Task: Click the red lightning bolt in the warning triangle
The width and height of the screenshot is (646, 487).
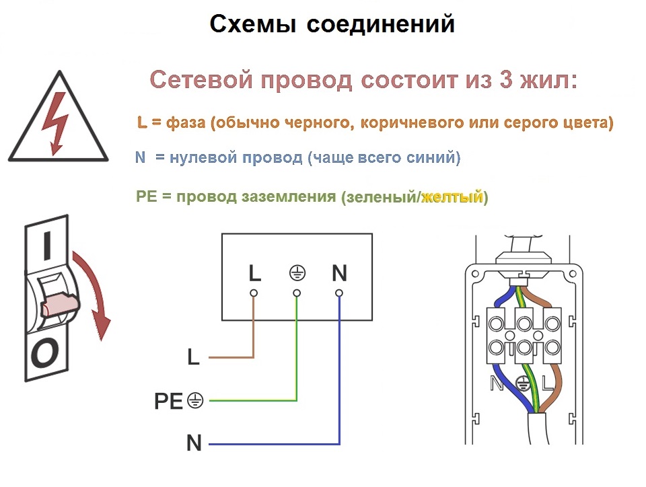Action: coord(57,122)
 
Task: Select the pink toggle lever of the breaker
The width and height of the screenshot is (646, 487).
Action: coord(61,305)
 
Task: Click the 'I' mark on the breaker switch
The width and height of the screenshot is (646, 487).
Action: coord(47,246)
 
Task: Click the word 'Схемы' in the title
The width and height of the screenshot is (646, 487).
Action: coord(252,24)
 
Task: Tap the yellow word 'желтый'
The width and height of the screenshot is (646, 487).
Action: coord(452,197)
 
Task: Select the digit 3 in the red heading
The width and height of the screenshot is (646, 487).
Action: coord(506,79)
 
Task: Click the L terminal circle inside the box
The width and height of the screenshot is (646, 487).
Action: coord(254,293)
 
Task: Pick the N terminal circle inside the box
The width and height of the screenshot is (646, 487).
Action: coord(339,293)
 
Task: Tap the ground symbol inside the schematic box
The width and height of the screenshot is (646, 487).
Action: coord(297,273)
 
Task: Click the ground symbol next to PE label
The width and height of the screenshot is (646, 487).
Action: coord(195,400)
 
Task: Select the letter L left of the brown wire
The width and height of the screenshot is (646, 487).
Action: coord(193,357)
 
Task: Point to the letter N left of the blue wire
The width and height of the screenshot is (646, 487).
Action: coord(194,443)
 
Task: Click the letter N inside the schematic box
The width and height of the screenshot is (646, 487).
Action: coord(339,273)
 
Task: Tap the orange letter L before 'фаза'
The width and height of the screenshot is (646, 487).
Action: coord(142,122)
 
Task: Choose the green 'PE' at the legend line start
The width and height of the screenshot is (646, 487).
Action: coord(147,196)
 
